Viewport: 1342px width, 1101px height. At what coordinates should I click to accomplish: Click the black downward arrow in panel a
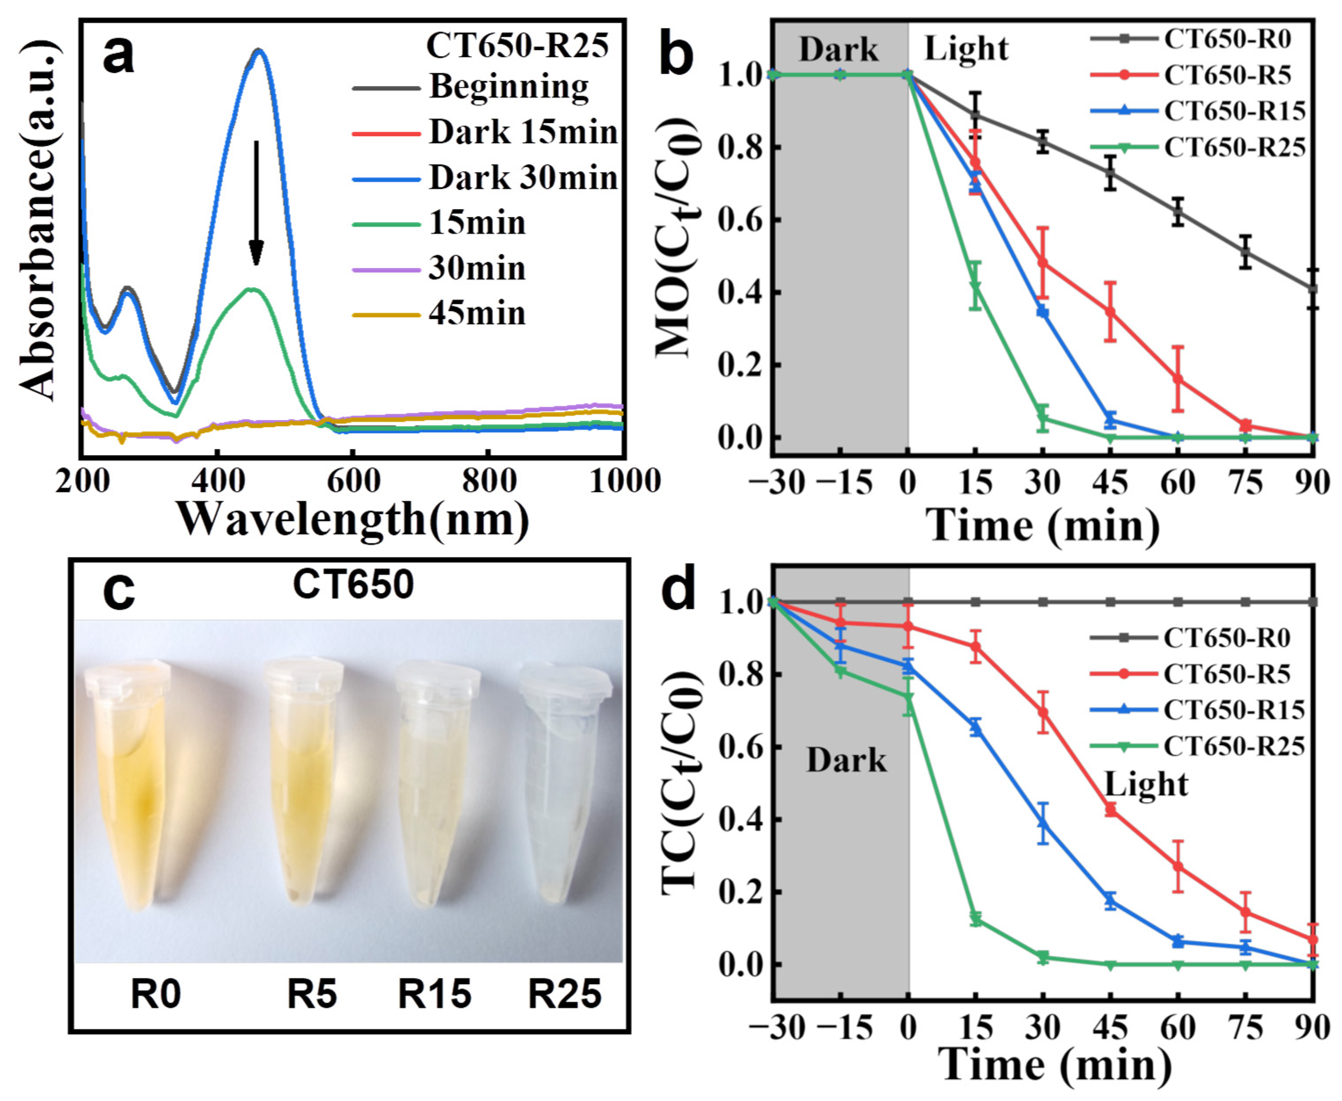pyautogui.click(x=256, y=203)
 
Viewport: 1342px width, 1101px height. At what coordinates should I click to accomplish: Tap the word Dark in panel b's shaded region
pyautogui.click(x=838, y=50)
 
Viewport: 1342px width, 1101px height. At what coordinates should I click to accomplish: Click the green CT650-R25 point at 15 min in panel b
pyautogui.click(x=976, y=286)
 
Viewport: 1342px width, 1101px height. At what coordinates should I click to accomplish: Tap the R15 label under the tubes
pyautogui.click(x=435, y=994)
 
